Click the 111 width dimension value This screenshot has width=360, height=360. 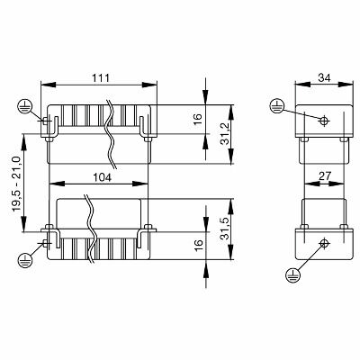pos(100,78)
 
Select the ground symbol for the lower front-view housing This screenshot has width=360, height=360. pos(22,259)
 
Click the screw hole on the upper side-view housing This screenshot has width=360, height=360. pos(324,118)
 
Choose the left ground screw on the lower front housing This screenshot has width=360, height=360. pos(45,243)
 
